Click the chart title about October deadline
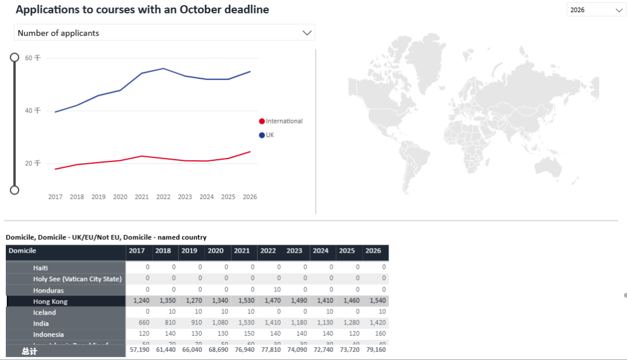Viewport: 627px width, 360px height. tap(142, 10)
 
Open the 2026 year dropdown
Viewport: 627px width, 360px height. tap(596, 10)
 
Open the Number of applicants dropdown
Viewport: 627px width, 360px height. tap(164, 33)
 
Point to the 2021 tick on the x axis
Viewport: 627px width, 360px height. tap(142, 197)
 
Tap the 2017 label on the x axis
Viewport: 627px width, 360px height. tap(55, 197)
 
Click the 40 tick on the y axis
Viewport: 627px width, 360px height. tap(33, 110)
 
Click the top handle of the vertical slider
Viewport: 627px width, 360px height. tap(15, 57)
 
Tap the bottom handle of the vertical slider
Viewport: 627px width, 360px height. tap(15, 190)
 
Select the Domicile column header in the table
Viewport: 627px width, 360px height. tap(23, 251)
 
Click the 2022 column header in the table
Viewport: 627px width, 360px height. tap(268, 251)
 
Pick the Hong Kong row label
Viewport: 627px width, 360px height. tap(51, 301)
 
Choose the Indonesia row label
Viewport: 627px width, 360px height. tap(49, 334)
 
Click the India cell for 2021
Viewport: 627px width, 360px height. tap(244, 323)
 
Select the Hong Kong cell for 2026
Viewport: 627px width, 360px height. tap(375, 301)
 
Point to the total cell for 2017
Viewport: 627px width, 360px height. tap(139, 350)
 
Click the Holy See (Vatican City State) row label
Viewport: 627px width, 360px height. tap(77, 279)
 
